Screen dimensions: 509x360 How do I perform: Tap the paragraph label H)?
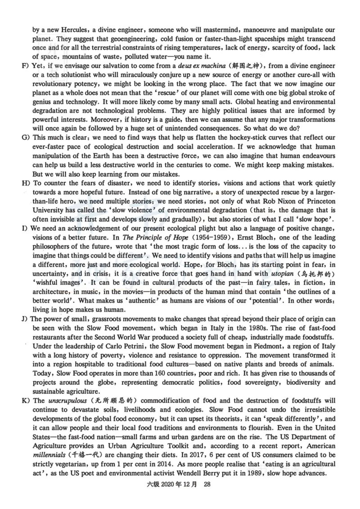pos(25,183)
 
